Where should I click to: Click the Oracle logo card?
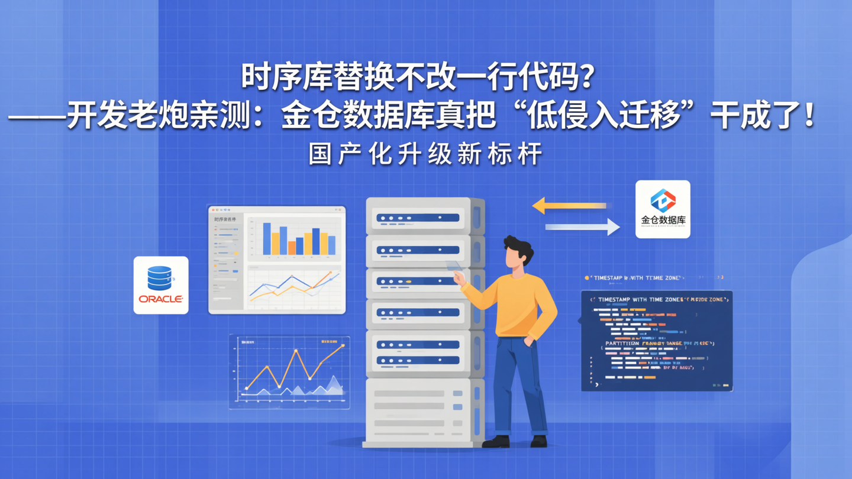[161, 285]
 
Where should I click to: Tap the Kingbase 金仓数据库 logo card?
[663, 209]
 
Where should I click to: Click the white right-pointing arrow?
[582, 226]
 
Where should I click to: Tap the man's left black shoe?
[496, 441]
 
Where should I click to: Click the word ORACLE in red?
[161, 299]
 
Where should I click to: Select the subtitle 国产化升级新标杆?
[425, 155]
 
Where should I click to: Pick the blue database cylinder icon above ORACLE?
[160, 277]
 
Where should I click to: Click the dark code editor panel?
[657, 340]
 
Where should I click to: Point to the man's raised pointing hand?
[459, 277]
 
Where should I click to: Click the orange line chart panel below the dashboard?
[289, 371]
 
